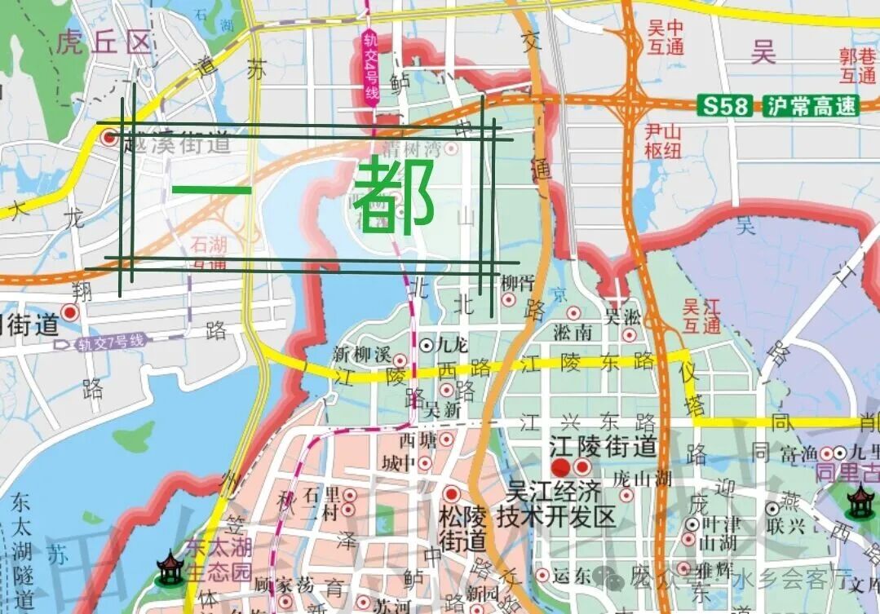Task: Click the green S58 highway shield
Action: click(728, 105)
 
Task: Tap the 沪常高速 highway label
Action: click(811, 105)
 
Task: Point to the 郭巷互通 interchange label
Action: click(859, 66)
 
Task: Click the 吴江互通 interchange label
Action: click(701, 316)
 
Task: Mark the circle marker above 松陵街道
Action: click(451, 494)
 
